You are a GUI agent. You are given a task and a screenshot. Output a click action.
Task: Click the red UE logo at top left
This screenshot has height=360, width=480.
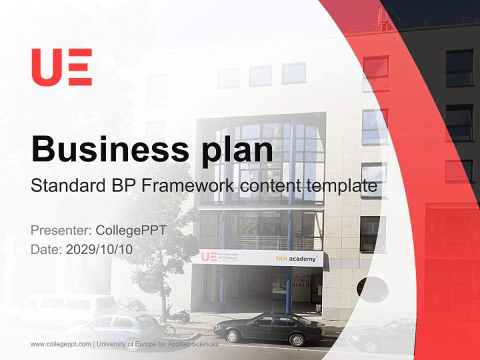[x=61, y=67]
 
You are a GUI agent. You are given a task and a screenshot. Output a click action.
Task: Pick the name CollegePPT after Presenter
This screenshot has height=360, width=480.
[x=130, y=230]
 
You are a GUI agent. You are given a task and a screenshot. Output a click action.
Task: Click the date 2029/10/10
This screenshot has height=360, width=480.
[x=99, y=249]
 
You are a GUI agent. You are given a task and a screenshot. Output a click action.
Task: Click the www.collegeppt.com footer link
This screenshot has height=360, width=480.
[x=60, y=344]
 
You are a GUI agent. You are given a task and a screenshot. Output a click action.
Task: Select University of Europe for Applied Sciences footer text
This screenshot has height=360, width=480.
[x=158, y=344]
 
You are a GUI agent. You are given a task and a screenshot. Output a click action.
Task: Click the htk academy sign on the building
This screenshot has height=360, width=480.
[x=296, y=258]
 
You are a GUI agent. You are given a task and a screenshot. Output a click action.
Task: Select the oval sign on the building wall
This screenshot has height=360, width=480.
[x=372, y=289]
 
